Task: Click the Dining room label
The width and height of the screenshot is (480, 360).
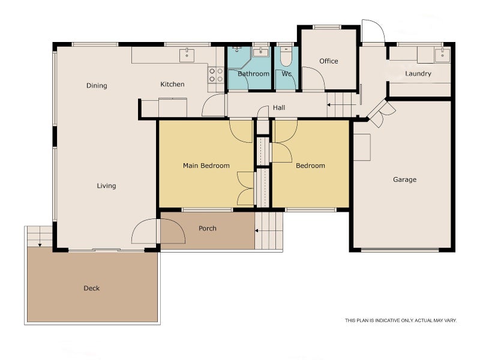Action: (x=97, y=86)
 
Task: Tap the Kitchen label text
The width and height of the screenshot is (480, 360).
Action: (x=172, y=85)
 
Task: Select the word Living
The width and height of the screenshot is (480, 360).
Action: (x=106, y=186)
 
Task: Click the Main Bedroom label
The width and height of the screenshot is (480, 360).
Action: (x=206, y=166)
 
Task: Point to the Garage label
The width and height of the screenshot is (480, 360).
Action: (x=404, y=179)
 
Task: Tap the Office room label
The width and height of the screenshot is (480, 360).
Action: (x=329, y=61)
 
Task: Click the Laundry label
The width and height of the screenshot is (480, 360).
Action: (x=418, y=74)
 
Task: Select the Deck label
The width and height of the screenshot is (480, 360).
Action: (x=91, y=289)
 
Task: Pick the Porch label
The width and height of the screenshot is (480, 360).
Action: (x=208, y=229)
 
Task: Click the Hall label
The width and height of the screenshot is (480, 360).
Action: (x=279, y=108)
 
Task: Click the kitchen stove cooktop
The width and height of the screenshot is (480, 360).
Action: (x=215, y=75)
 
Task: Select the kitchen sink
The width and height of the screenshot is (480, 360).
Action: (x=187, y=55)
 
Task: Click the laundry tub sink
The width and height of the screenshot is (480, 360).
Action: (x=443, y=55)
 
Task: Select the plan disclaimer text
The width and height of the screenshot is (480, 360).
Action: (x=400, y=320)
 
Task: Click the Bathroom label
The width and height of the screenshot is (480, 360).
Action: (x=253, y=74)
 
